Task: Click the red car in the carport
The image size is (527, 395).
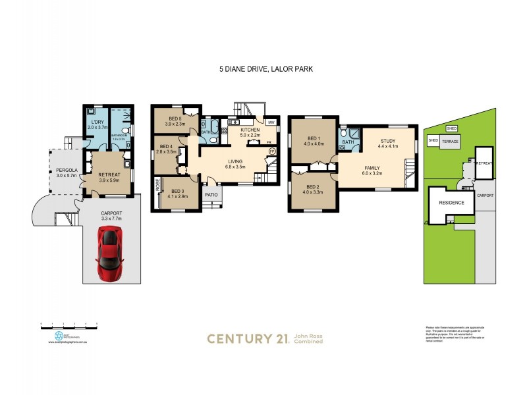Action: [109, 253]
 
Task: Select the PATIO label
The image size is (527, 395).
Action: [211, 195]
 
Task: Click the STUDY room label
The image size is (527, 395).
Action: [387, 140]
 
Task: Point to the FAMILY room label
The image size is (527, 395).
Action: [373, 168]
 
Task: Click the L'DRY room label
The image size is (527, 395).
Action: [96, 122]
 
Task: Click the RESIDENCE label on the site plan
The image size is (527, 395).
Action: [452, 203]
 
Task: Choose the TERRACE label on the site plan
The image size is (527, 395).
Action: [451, 141]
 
